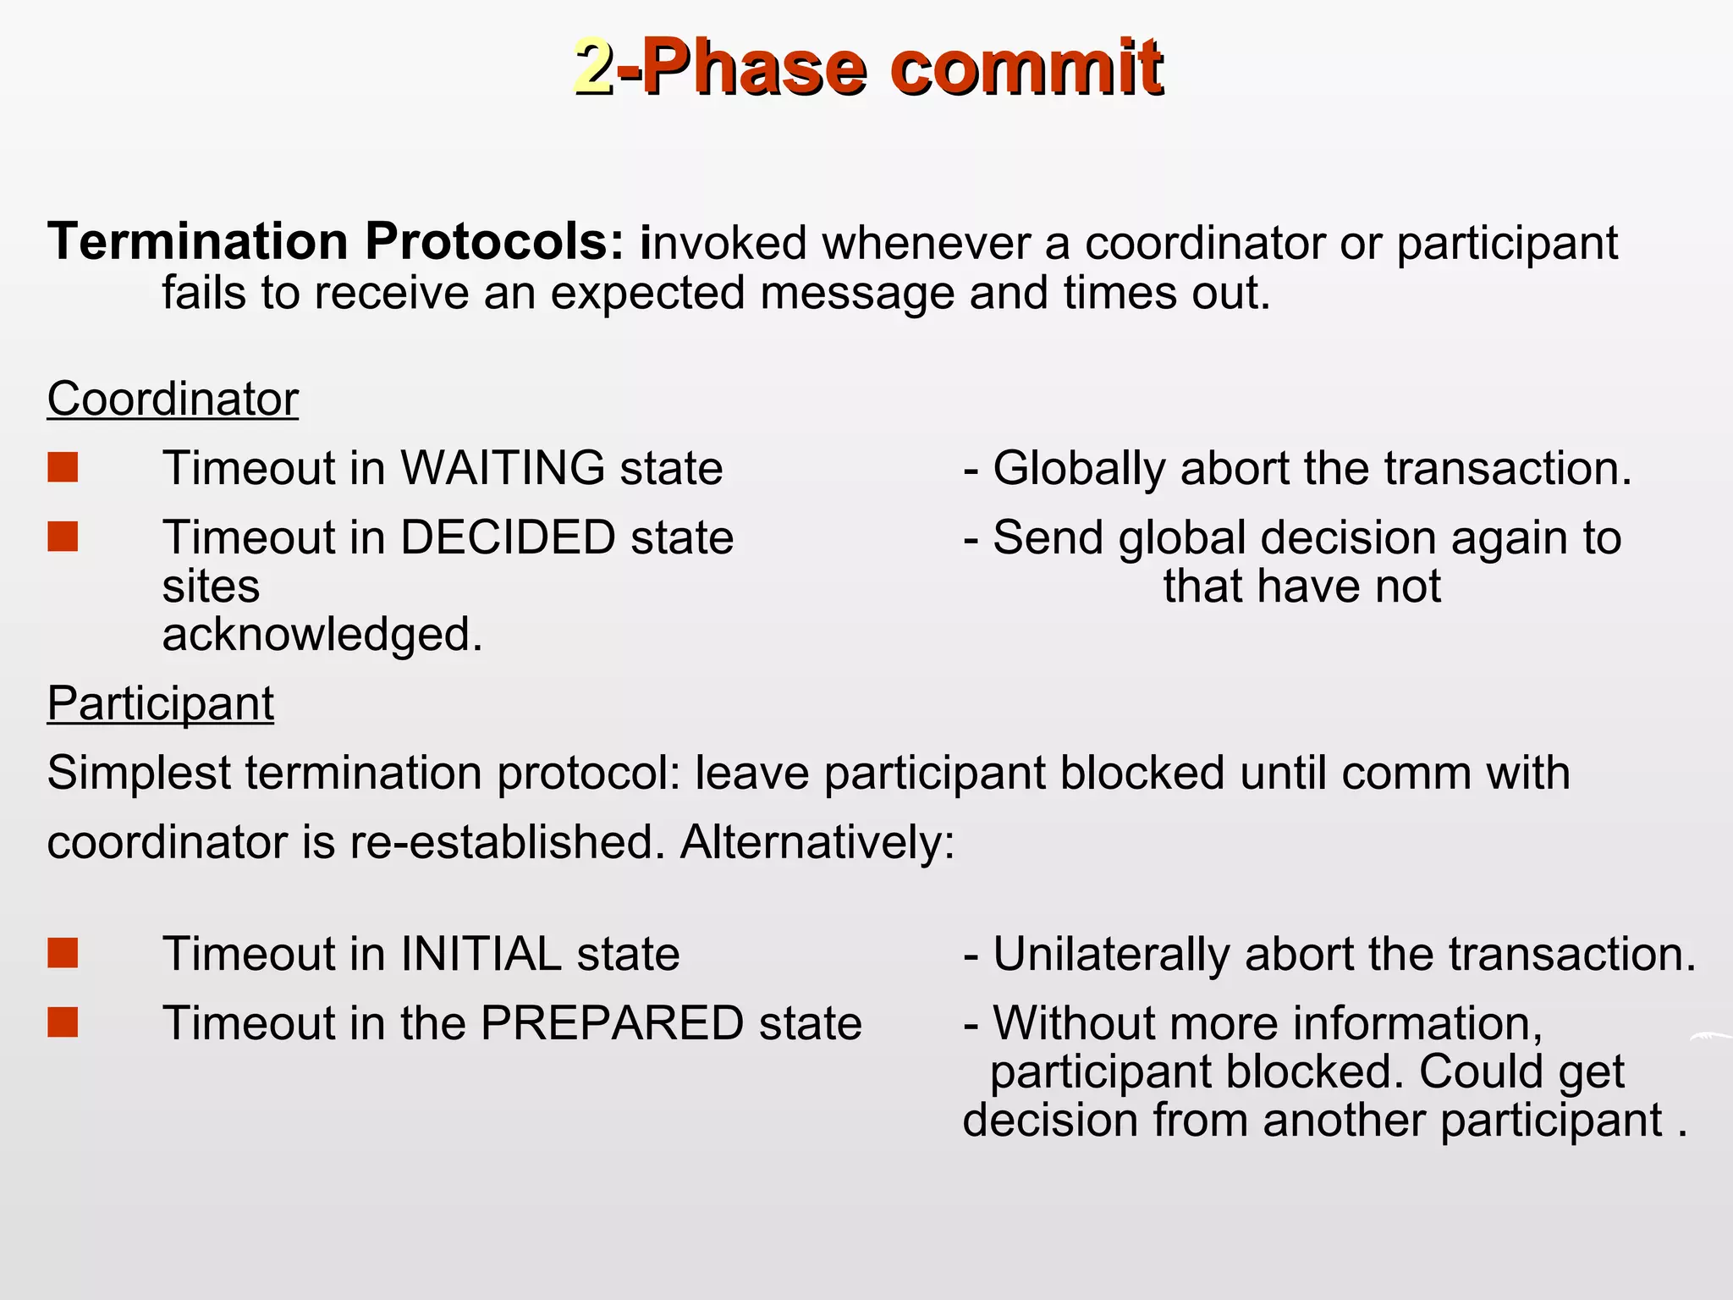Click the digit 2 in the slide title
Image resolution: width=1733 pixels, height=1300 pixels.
pyautogui.click(x=594, y=68)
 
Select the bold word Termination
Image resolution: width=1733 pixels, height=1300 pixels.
pyautogui.click(x=198, y=242)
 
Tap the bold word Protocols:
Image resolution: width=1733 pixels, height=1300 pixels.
pyautogui.click(x=495, y=242)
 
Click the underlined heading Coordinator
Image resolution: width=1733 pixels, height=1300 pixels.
pyautogui.click(x=173, y=399)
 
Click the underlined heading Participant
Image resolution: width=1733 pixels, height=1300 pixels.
pyautogui.click(x=161, y=703)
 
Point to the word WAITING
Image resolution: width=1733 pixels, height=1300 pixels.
pyautogui.click(x=502, y=468)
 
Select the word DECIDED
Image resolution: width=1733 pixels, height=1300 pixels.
pyautogui.click(x=508, y=537)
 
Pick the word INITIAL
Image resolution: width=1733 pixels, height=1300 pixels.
pyautogui.click(x=481, y=954)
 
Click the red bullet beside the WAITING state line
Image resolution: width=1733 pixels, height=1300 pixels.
pyautogui.click(x=63, y=467)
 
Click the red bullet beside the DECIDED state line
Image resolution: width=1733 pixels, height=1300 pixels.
pyautogui.click(x=63, y=537)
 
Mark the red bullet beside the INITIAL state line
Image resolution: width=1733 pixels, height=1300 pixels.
pyautogui.click(x=63, y=953)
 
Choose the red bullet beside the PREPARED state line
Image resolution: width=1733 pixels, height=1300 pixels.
pyautogui.click(x=63, y=1022)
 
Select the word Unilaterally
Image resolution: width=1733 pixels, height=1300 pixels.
pyautogui.click(x=1110, y=955)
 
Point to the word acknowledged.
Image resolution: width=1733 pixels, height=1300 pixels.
pyautogui.click(x=322, y=635)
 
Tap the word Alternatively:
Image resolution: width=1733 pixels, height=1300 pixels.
pyautogui.click(x=817, y=843)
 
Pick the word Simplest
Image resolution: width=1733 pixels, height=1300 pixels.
pyautogui.click(x=139, y=774)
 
